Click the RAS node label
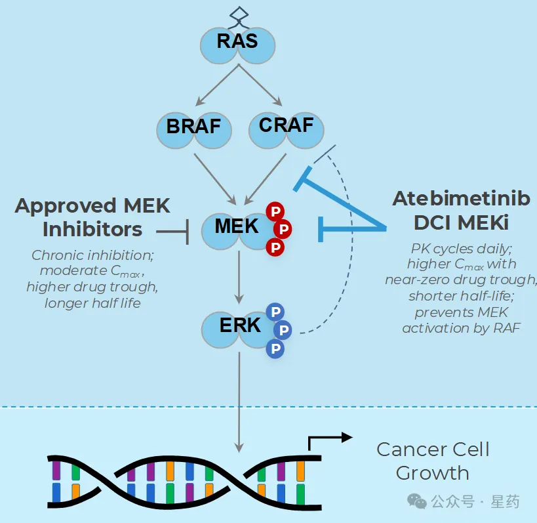tap(237, 42)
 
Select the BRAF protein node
tap(193, 125)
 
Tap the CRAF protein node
tap(286, 124)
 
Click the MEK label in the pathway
tap(237, 226)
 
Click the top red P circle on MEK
tap(275, 211)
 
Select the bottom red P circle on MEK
tap(275, 247)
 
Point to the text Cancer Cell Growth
tap(433, 461)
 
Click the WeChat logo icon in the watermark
tap(417, 502)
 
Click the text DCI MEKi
tap(461, 223)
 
